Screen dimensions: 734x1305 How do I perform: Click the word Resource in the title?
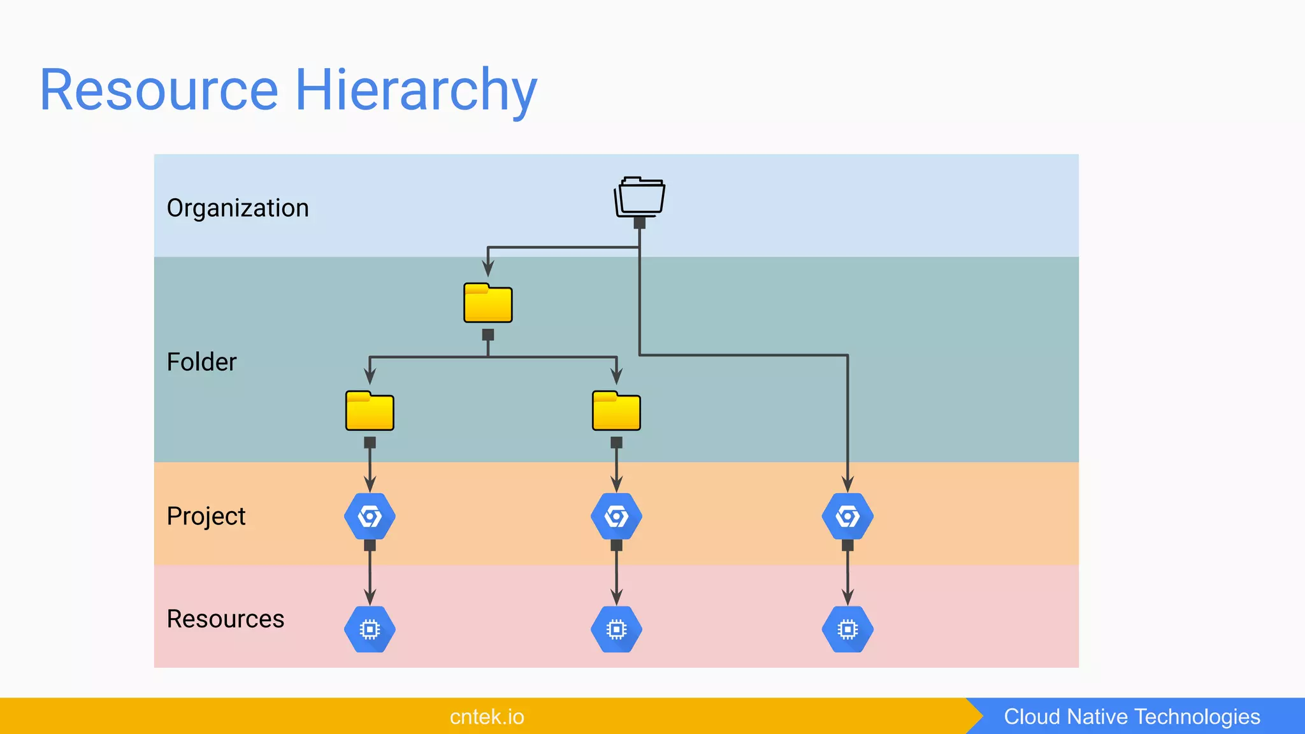159,90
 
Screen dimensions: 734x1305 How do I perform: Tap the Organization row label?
238,208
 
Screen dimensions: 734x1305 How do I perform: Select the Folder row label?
201,362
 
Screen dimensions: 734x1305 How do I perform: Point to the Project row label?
206,516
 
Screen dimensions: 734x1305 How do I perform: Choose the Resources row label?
226,619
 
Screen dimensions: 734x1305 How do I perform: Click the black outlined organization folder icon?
640,197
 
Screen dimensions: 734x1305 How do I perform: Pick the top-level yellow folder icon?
488,303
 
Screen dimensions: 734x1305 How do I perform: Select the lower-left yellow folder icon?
370,412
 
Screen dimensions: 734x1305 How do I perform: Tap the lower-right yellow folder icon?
616,412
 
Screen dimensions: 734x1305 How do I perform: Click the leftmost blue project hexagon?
370,516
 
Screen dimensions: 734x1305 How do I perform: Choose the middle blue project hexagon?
616,516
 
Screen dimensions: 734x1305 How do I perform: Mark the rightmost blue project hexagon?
847,516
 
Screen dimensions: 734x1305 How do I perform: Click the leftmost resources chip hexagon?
370,630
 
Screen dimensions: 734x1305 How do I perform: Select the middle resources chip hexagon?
616,630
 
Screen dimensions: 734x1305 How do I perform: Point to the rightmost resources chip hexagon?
847,630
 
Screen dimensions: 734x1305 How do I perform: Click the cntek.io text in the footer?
487,717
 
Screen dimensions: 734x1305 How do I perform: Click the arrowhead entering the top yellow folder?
488,269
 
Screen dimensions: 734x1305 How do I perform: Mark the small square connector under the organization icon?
640,223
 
